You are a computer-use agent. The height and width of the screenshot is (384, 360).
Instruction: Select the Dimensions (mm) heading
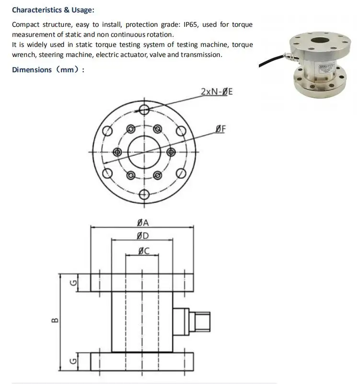[x=48, y=70]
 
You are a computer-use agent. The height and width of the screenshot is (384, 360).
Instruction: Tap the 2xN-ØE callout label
[x=217, y=91]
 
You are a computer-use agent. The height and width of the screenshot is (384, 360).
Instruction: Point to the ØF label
[x=221, y=128]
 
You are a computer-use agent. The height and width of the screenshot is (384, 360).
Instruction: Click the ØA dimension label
[x=142, y=222]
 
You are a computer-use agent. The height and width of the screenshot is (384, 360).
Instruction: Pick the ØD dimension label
[x=142, y=236]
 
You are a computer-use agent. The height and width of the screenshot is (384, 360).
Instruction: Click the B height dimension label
[x=55, y=320]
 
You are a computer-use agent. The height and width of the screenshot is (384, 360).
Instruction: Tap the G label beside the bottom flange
[x=73, y=361]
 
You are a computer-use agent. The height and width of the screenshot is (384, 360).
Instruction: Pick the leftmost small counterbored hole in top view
[x=117, y=152]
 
